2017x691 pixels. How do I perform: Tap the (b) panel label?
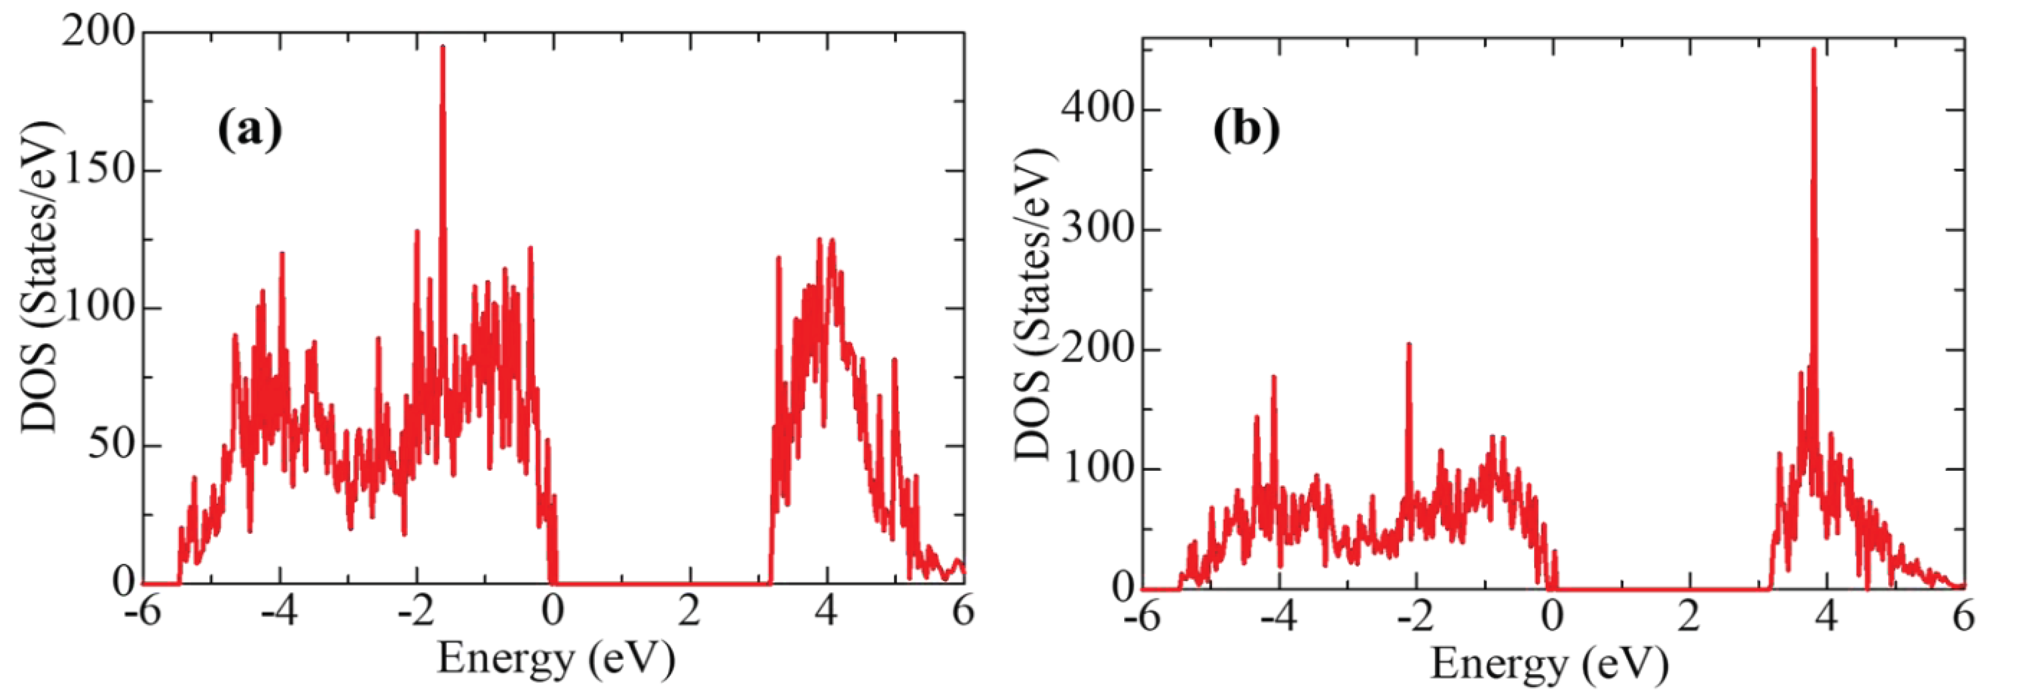(x=1247, y=130)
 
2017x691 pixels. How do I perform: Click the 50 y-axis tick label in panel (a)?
(x=110, y=446)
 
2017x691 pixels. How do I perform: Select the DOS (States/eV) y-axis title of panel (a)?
(x=39, y=278)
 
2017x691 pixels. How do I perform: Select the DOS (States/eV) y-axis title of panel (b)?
(x=1035, y=305)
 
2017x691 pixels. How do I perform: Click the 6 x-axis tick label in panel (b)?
(x=1962, y=618)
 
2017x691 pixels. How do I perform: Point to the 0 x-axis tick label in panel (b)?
(x=1552, y=618)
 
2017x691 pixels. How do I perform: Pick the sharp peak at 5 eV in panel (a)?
(x=894, y=361)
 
